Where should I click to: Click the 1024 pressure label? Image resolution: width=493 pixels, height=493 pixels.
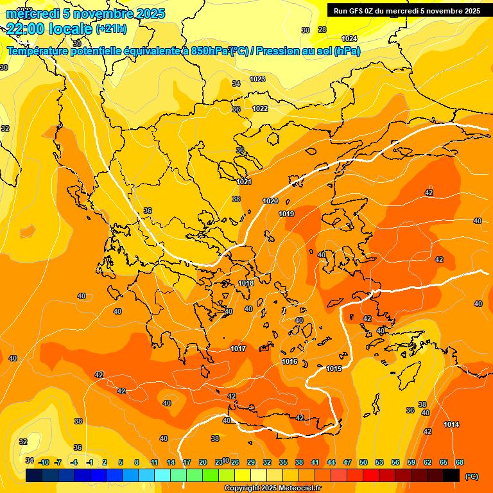349,39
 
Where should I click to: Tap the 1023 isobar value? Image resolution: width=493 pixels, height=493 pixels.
257,79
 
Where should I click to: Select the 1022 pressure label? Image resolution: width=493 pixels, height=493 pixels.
260,108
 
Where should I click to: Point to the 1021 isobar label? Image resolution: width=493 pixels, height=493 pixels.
244,182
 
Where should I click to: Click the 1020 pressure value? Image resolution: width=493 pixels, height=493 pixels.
270,202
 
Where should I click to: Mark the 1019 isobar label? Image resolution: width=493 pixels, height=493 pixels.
286,214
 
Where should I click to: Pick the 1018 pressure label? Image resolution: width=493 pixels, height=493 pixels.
246,283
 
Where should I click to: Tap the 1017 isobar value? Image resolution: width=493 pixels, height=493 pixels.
238,349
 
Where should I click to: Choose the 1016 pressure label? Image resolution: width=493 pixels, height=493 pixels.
290,361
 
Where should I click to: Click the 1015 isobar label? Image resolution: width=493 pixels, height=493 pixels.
334,368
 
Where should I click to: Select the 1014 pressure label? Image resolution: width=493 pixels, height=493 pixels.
451,424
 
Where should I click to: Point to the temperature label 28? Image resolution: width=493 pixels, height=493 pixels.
322,30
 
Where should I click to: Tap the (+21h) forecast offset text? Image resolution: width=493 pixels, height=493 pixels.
111,29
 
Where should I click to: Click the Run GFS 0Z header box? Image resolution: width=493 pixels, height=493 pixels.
405,11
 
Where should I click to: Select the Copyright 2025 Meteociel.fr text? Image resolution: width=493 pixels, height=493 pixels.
273,489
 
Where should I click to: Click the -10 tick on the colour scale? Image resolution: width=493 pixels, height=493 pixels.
44,462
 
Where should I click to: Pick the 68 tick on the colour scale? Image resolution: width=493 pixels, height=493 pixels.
460,462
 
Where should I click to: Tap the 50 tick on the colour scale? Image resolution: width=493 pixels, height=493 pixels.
363,462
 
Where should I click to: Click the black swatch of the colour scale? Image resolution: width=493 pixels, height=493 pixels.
451,475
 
